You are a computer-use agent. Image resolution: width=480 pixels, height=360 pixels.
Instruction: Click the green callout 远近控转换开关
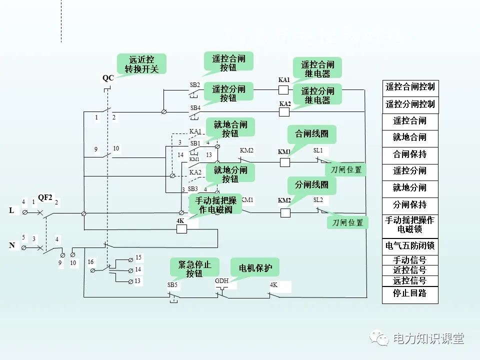click(140, 64)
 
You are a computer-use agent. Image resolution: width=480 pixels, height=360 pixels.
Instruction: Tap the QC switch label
click(108, 78)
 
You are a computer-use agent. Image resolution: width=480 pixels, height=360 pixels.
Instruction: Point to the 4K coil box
click(181, 229)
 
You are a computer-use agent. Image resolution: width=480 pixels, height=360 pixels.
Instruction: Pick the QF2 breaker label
click(45, 197)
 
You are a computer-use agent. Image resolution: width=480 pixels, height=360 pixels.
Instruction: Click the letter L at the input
click(11, 210)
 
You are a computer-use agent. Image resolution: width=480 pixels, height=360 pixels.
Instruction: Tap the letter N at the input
click(11, 245)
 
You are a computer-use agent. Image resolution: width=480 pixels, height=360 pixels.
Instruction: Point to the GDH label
click(221, 281)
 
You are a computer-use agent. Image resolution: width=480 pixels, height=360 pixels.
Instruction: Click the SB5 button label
click(172, 284)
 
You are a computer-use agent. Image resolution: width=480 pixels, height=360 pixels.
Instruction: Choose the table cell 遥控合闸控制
click(410, 87)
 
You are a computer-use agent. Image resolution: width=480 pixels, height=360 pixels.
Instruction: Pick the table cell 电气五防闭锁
click(410, 246)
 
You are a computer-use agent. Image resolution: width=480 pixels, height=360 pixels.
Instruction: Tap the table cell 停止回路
click(410, 293)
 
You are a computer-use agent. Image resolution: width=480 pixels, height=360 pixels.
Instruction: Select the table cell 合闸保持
click(410, 154)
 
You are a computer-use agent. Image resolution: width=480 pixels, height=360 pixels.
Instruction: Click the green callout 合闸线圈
click(311, 134)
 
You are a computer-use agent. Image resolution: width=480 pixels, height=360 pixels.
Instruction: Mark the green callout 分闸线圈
click(311, 185)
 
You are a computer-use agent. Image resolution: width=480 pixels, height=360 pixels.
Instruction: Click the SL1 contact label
click(318, 150)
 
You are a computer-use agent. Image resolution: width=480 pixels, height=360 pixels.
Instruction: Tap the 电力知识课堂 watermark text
click(428, 339)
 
